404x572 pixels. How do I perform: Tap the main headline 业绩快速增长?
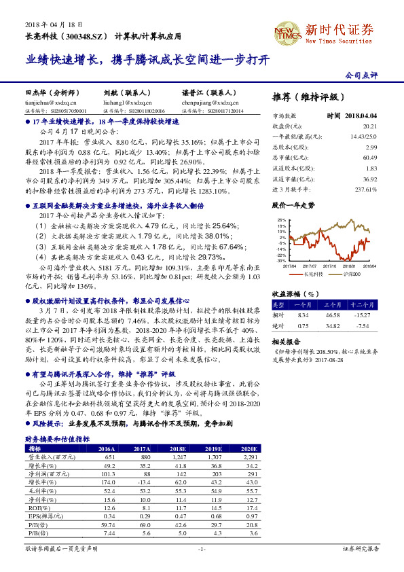click(x=65, y=60)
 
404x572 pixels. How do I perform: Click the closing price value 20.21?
click(x=369, y=126)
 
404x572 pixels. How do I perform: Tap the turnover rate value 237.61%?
click(x=365, y=189)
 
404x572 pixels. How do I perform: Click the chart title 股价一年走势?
click(x=293, y=204)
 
